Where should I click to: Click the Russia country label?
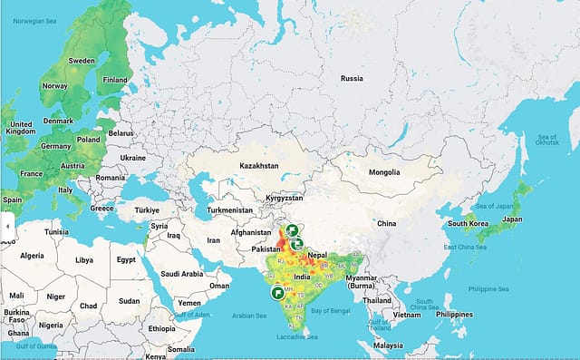click(351, 78)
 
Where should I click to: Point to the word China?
click(387, 222)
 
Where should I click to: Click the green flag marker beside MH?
click(277, 294)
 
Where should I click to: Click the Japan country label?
click(512, 219)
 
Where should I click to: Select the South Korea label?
click(469, 224)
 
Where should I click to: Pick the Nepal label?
click(316, 256)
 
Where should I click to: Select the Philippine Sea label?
click(488, 289)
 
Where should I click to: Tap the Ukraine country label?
click(132, 157)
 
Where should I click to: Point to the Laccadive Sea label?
click(299, 336)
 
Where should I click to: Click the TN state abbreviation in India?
click(298, 318)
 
